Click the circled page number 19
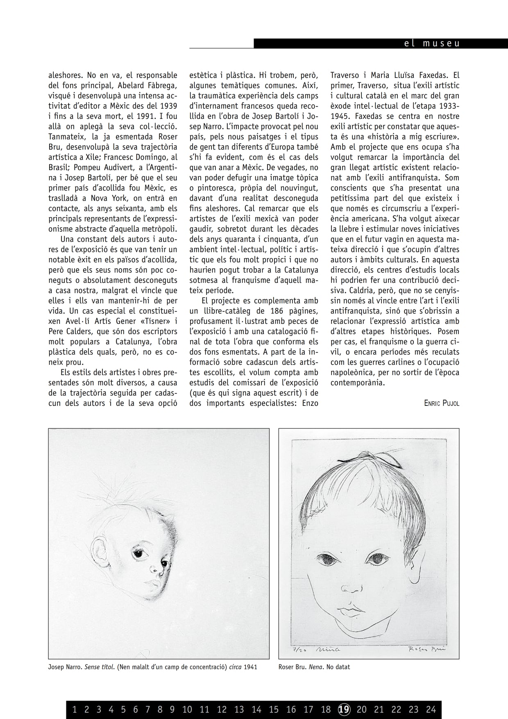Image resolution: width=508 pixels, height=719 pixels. tap(345, 709)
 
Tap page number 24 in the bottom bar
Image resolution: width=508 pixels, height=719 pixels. tap(431, 709)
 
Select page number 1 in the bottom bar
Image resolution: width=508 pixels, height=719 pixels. tap(75, 709)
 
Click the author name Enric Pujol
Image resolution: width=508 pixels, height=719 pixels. tap(442, 403)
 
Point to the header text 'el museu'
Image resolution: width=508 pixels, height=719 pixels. tap(432, 43)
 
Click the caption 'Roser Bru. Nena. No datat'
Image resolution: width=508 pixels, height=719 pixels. tap(314, 667)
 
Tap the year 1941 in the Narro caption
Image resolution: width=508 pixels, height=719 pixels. tap(250, 667)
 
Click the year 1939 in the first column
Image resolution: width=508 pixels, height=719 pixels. tap(168, 106)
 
